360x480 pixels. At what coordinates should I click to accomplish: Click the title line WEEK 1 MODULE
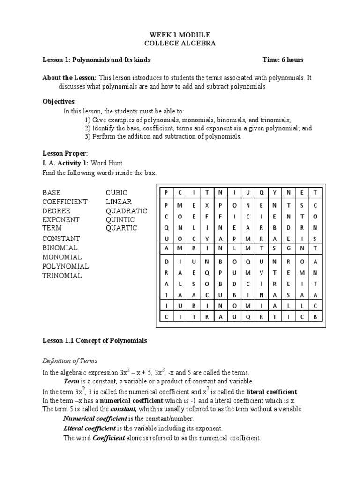[180, 35]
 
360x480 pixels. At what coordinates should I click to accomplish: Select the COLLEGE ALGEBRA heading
[180, 44]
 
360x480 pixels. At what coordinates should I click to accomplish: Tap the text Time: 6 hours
[283, 60]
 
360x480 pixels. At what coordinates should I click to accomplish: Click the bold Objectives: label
[59, 101]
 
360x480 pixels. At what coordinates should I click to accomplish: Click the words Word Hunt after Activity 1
[113, 163]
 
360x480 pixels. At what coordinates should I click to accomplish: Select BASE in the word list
[52, 193]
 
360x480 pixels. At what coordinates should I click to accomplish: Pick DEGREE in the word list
[56, 211]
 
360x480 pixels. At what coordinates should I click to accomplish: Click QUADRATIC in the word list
[126, 211]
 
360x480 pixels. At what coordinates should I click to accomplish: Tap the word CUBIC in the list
[117, 193]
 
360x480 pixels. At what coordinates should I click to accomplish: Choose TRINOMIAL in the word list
[62, 276]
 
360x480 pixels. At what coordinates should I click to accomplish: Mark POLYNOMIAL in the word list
[66, 266]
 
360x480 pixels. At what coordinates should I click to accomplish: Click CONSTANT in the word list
[61, 239]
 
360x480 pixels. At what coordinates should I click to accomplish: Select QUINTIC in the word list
[120, 220]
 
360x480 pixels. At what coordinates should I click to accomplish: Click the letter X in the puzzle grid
[206, 206]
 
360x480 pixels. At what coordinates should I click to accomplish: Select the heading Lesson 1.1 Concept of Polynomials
[94, 341]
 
